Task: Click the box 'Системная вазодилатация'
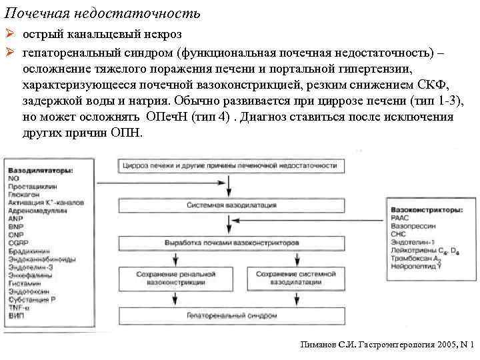pos(231,205)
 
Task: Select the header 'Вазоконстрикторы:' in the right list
pos(427,209)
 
